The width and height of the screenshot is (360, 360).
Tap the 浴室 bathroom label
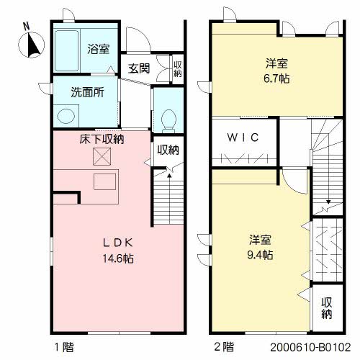99,49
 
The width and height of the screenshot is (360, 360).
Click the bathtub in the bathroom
66,50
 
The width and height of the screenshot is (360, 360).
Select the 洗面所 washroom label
87,92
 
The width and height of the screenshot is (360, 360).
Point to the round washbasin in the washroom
66,117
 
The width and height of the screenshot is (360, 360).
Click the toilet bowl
169,120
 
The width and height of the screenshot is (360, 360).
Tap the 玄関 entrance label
139,68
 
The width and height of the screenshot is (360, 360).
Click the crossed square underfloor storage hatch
102,156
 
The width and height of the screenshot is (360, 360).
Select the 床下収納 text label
102,139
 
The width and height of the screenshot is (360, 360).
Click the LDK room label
118,243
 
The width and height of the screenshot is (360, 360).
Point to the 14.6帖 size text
118,258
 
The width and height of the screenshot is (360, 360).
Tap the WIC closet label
243,138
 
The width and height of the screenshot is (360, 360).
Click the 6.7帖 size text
276,78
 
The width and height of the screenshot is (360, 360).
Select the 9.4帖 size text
260,255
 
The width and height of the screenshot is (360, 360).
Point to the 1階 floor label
64,347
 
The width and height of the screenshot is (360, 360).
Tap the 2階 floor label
224,347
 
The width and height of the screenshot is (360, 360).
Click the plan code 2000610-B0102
310,347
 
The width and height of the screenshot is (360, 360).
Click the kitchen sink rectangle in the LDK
104,182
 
